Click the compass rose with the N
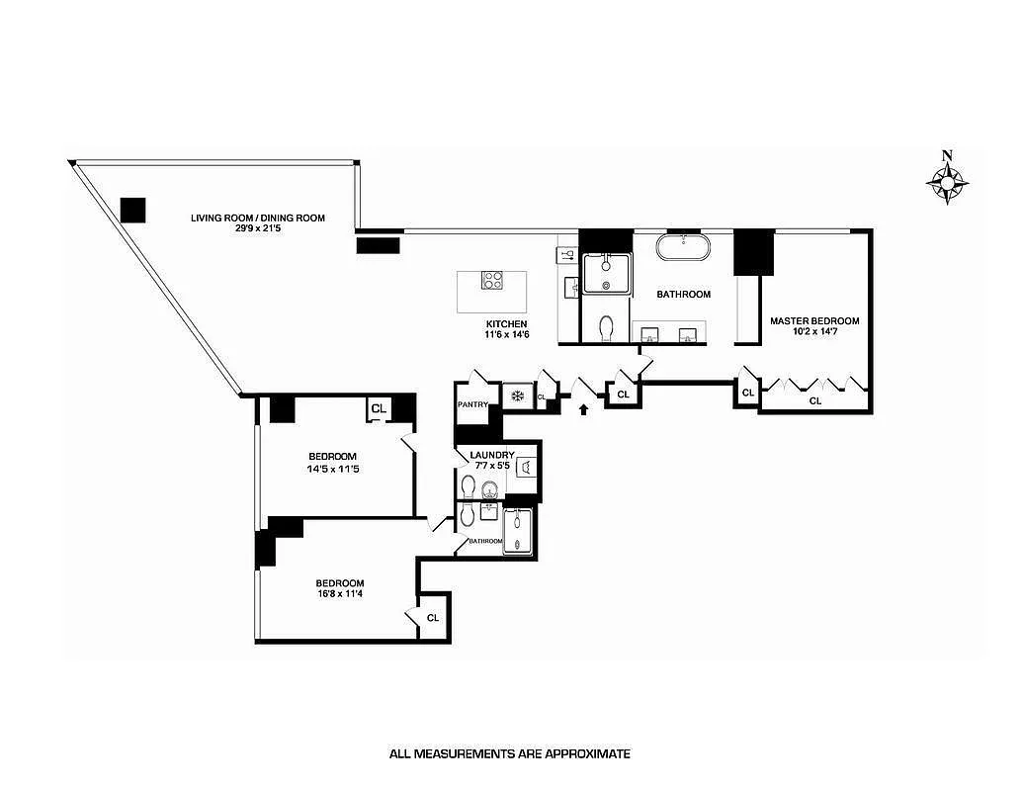click(x=947, y=182)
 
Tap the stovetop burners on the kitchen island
click(x=492, y=280)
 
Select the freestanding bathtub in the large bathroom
click(x=683, y=247)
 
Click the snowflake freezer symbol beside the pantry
click(x=516, y=396)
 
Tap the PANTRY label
click(x=472, y=404)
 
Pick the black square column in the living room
click(x=132, y=210)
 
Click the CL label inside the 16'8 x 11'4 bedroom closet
click(x=433, y=617)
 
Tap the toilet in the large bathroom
click(x=606, y=327)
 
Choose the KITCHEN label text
click(x=506, y=324)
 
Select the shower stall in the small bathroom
click(x=521, y=532)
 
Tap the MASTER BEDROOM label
click(x=813, y=320)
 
